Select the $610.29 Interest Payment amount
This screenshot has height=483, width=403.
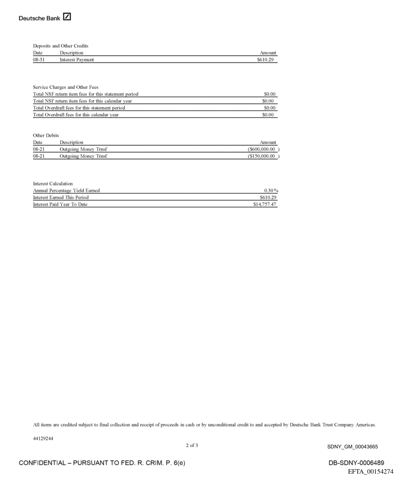(x=267, y=60)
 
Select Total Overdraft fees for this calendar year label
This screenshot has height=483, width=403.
(x=76, y=115)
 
